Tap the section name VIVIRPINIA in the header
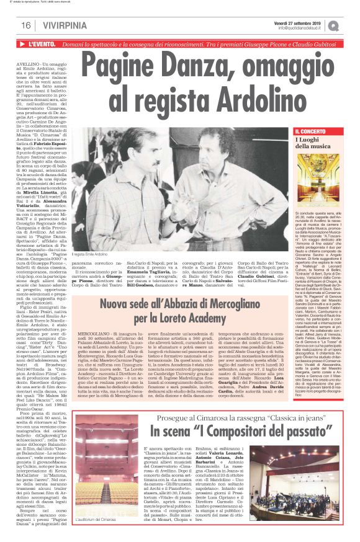[x=62, y=25]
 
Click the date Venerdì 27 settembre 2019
[x=295, y=22]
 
